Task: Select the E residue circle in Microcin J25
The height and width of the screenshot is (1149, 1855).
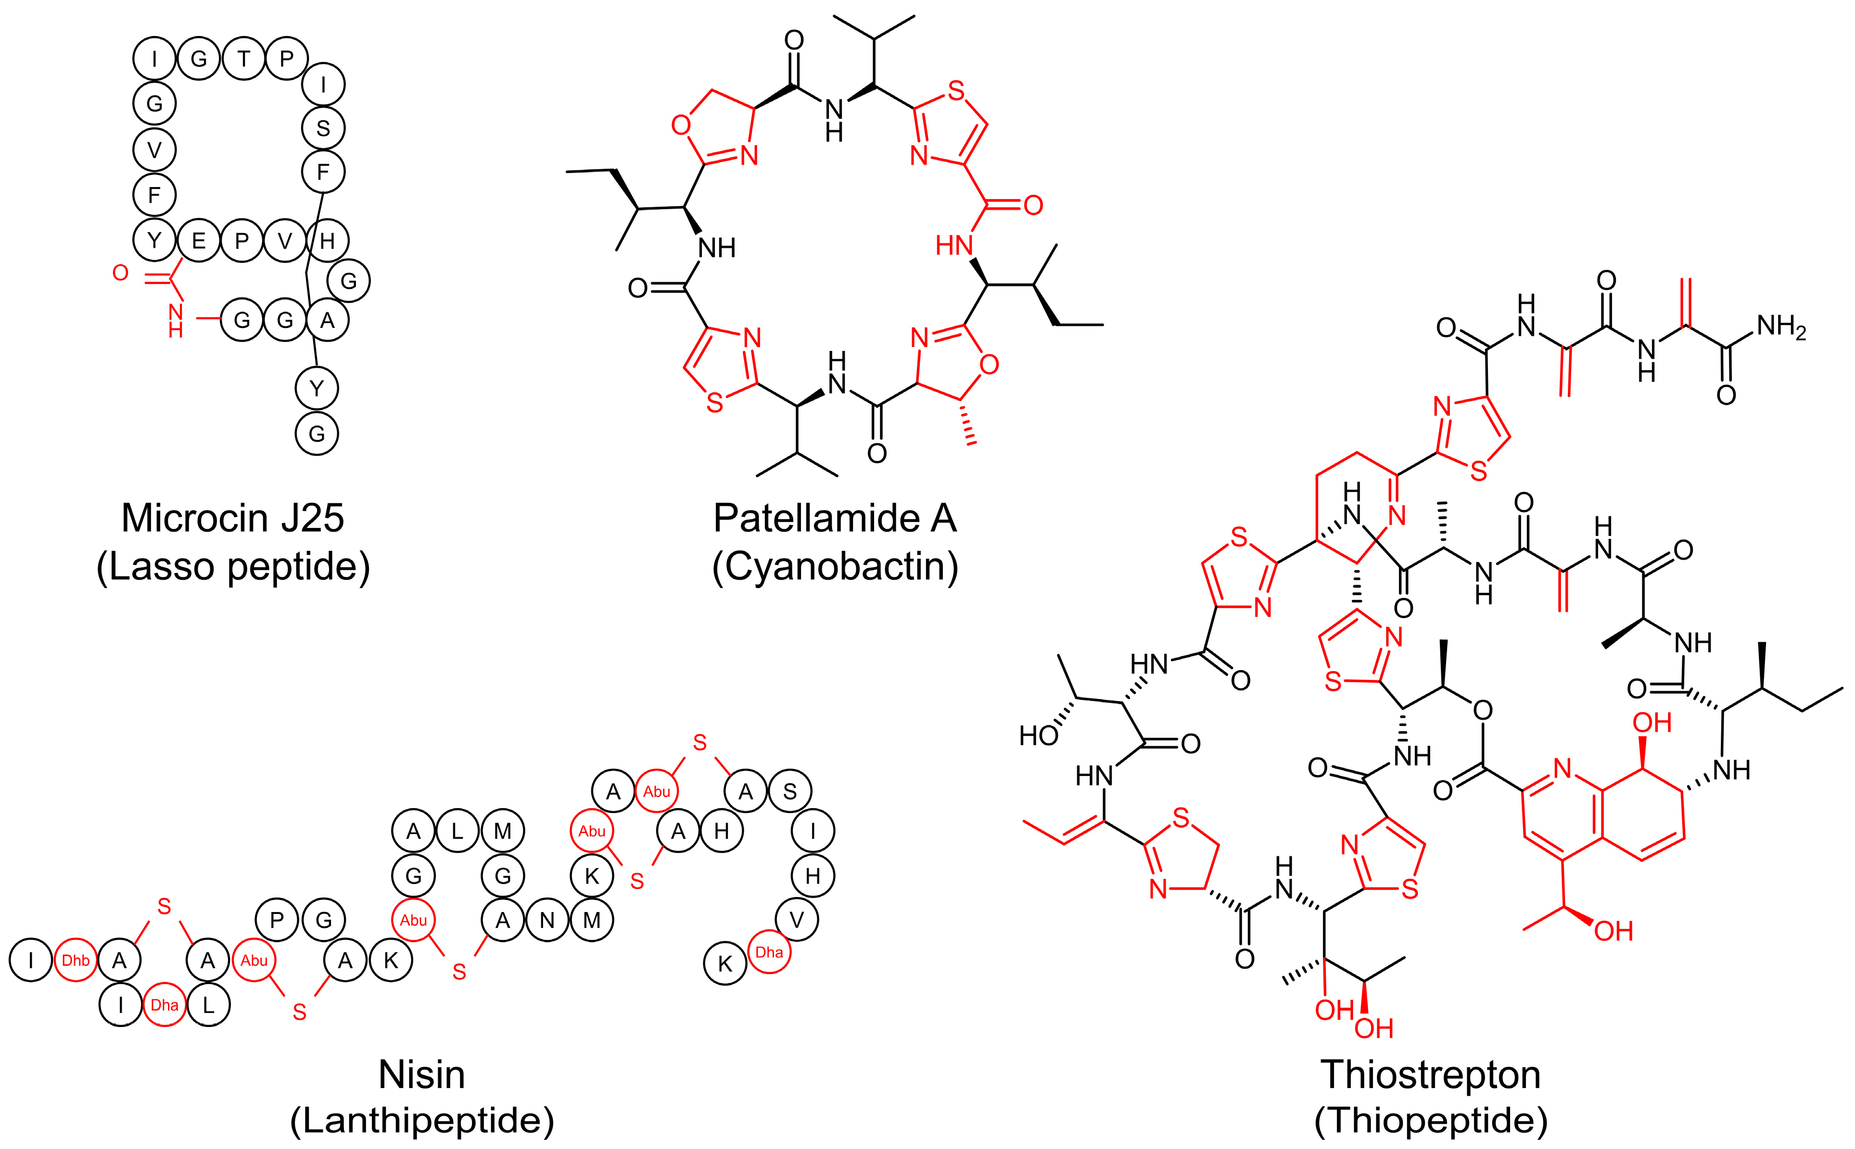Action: point(198,241)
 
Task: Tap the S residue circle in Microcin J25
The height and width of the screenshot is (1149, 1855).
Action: point(323,128)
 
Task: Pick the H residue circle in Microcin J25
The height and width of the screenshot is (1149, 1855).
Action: point(328,241)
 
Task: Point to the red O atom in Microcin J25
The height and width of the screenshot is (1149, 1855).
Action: point(120,273)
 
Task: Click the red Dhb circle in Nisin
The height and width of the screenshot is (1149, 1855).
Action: point(75,961)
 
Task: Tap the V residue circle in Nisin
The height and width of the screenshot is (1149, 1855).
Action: point(796,920)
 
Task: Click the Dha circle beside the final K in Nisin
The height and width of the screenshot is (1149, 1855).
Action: point(769,952)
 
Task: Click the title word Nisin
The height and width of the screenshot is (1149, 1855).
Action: point(421,1074)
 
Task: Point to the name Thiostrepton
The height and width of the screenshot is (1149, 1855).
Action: point(1430,1074)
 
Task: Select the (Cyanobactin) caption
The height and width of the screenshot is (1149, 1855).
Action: point(835,566)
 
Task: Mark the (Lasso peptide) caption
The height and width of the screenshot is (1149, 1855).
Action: point(233,566)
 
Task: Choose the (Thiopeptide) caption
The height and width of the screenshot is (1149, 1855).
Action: point(1430,1120)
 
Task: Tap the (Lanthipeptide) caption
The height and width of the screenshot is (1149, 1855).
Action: point(421,1120)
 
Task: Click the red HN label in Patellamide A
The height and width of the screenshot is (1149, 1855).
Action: point(954,246)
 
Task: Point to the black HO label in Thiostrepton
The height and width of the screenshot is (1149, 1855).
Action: point(1039,736)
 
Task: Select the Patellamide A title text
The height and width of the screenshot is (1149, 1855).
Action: point(835,518)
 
